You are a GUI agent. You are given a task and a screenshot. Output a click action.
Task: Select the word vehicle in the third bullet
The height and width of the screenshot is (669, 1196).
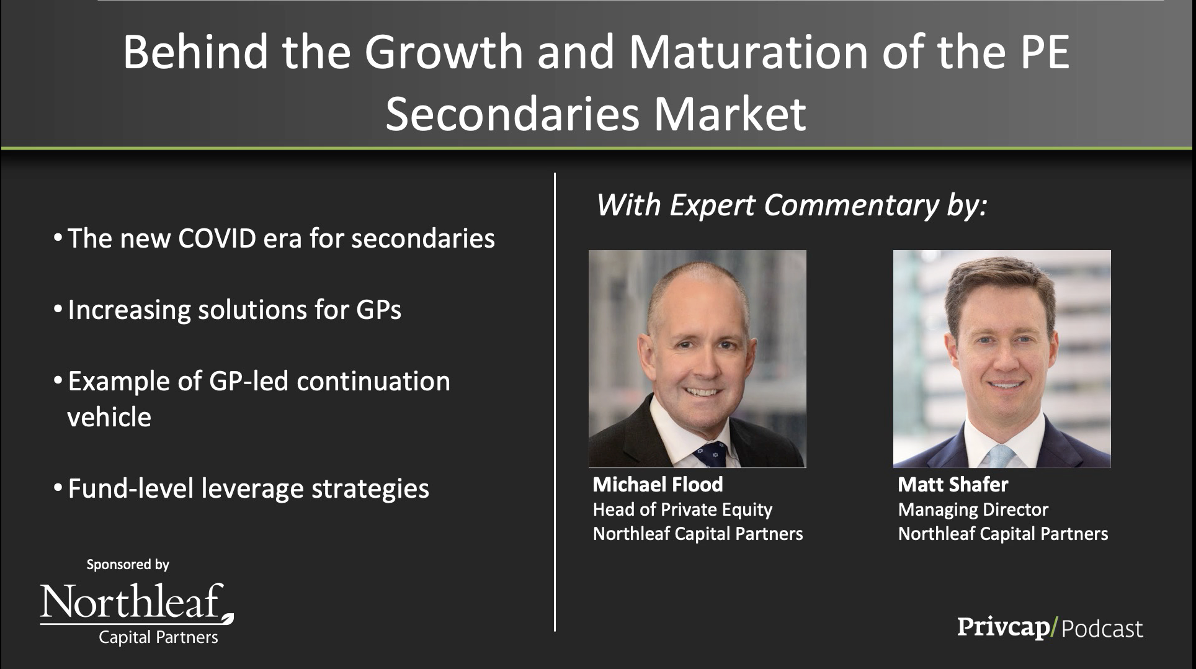coord(109,416)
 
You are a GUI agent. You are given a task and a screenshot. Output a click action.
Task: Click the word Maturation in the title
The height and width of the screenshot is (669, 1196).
coord(747,52)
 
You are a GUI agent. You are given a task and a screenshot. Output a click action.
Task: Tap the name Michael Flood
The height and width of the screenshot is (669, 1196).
coord(658,484)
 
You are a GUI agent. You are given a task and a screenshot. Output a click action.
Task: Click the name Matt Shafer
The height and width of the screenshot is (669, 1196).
coord(953,484)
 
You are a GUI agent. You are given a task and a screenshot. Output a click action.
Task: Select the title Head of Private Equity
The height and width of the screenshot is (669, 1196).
coord(682,510)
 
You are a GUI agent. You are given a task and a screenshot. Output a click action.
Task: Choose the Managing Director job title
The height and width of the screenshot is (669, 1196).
coord(973,510)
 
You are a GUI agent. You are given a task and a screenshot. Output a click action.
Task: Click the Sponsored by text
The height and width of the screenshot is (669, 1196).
coord(128,565)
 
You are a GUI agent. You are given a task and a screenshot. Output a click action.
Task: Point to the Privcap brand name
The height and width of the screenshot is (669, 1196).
coord(1002,627)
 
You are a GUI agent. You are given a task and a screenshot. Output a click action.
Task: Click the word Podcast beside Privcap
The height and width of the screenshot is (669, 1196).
coord(1102,629)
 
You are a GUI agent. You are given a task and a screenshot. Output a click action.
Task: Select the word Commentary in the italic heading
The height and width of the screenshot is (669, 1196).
coord(850,205)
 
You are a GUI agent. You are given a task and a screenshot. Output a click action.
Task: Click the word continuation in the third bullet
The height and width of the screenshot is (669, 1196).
coord(373,381)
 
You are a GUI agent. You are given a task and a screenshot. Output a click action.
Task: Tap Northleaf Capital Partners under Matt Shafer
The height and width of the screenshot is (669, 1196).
coord(1002,534)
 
